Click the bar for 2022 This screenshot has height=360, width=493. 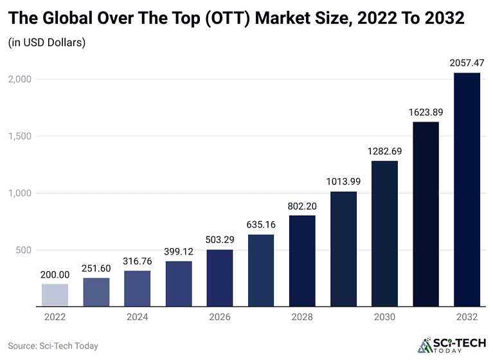click(x=55, y=295)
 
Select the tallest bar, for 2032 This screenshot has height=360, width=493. click(x=467, y=190)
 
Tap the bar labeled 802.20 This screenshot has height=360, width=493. click(x=302, y=261)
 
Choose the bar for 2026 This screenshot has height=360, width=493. click(x=220, y=278)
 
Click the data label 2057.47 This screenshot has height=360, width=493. click(x=467, y=63)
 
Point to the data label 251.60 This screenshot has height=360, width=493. click(x=96, y=268)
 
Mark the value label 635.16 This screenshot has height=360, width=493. click(x=261, y=225)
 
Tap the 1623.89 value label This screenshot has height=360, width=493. click(x=426, y=112)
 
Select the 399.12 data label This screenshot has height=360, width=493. click(x=179, y=251)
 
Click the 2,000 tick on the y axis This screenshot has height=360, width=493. click(x=19, y=79)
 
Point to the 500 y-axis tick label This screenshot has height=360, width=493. click(x=24, y=250)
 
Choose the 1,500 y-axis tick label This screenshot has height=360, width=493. click(x=19, y=136)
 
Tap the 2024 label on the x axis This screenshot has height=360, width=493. click(x=137, y=317)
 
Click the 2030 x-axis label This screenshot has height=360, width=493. click(x=384, y=317)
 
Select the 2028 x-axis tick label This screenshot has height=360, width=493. click(x=302, y=317)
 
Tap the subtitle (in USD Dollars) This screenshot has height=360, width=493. click(x=47, y=43)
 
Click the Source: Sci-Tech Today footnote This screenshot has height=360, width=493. click(x=53, y=346)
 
